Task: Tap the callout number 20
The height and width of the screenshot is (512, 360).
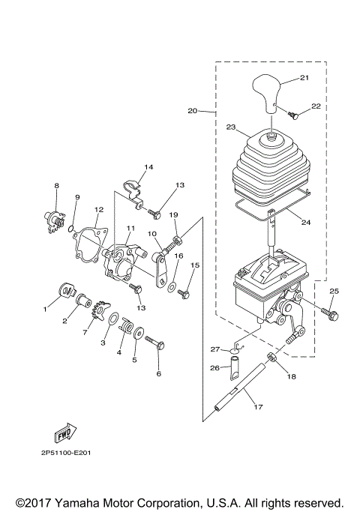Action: point(192,110)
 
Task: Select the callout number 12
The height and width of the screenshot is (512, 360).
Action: point(98,210)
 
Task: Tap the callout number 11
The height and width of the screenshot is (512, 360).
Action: point(130,228)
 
